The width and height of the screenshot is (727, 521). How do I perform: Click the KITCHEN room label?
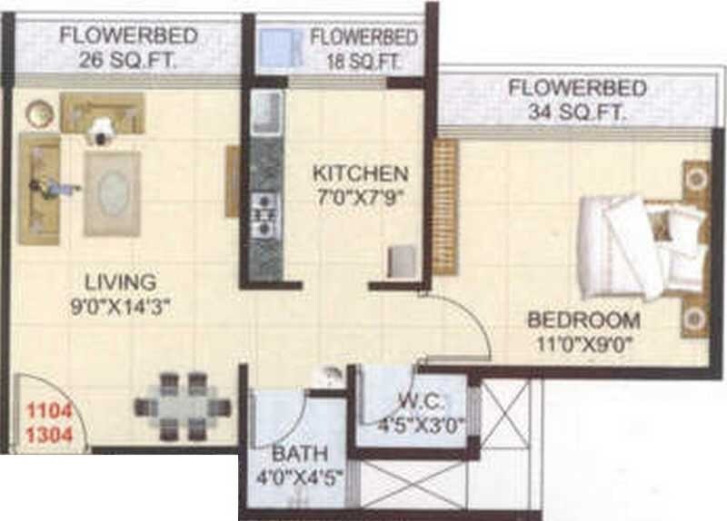click(x=360, y=172)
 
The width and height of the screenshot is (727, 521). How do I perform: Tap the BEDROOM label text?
click(x=584, y=320)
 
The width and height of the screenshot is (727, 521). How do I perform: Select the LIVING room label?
click(x=115, y=281)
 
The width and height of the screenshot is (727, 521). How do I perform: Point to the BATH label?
click(x=295, y=454)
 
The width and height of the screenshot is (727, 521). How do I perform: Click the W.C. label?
click(x=410, y=400)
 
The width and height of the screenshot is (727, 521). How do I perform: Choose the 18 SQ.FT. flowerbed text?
click(x=363, y=62)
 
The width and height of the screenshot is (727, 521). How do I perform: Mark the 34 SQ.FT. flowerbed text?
click(x=577, y=113)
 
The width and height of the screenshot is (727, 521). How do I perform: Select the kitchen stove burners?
click(x=264, y=214)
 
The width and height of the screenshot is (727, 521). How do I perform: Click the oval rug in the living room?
click(x=113, y=192)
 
